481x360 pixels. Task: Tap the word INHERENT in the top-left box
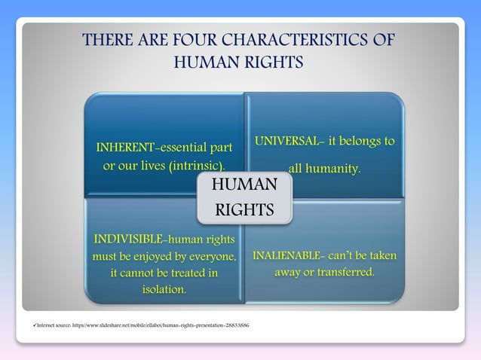click(124, 146)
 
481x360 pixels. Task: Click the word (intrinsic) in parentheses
click(195, 165)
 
